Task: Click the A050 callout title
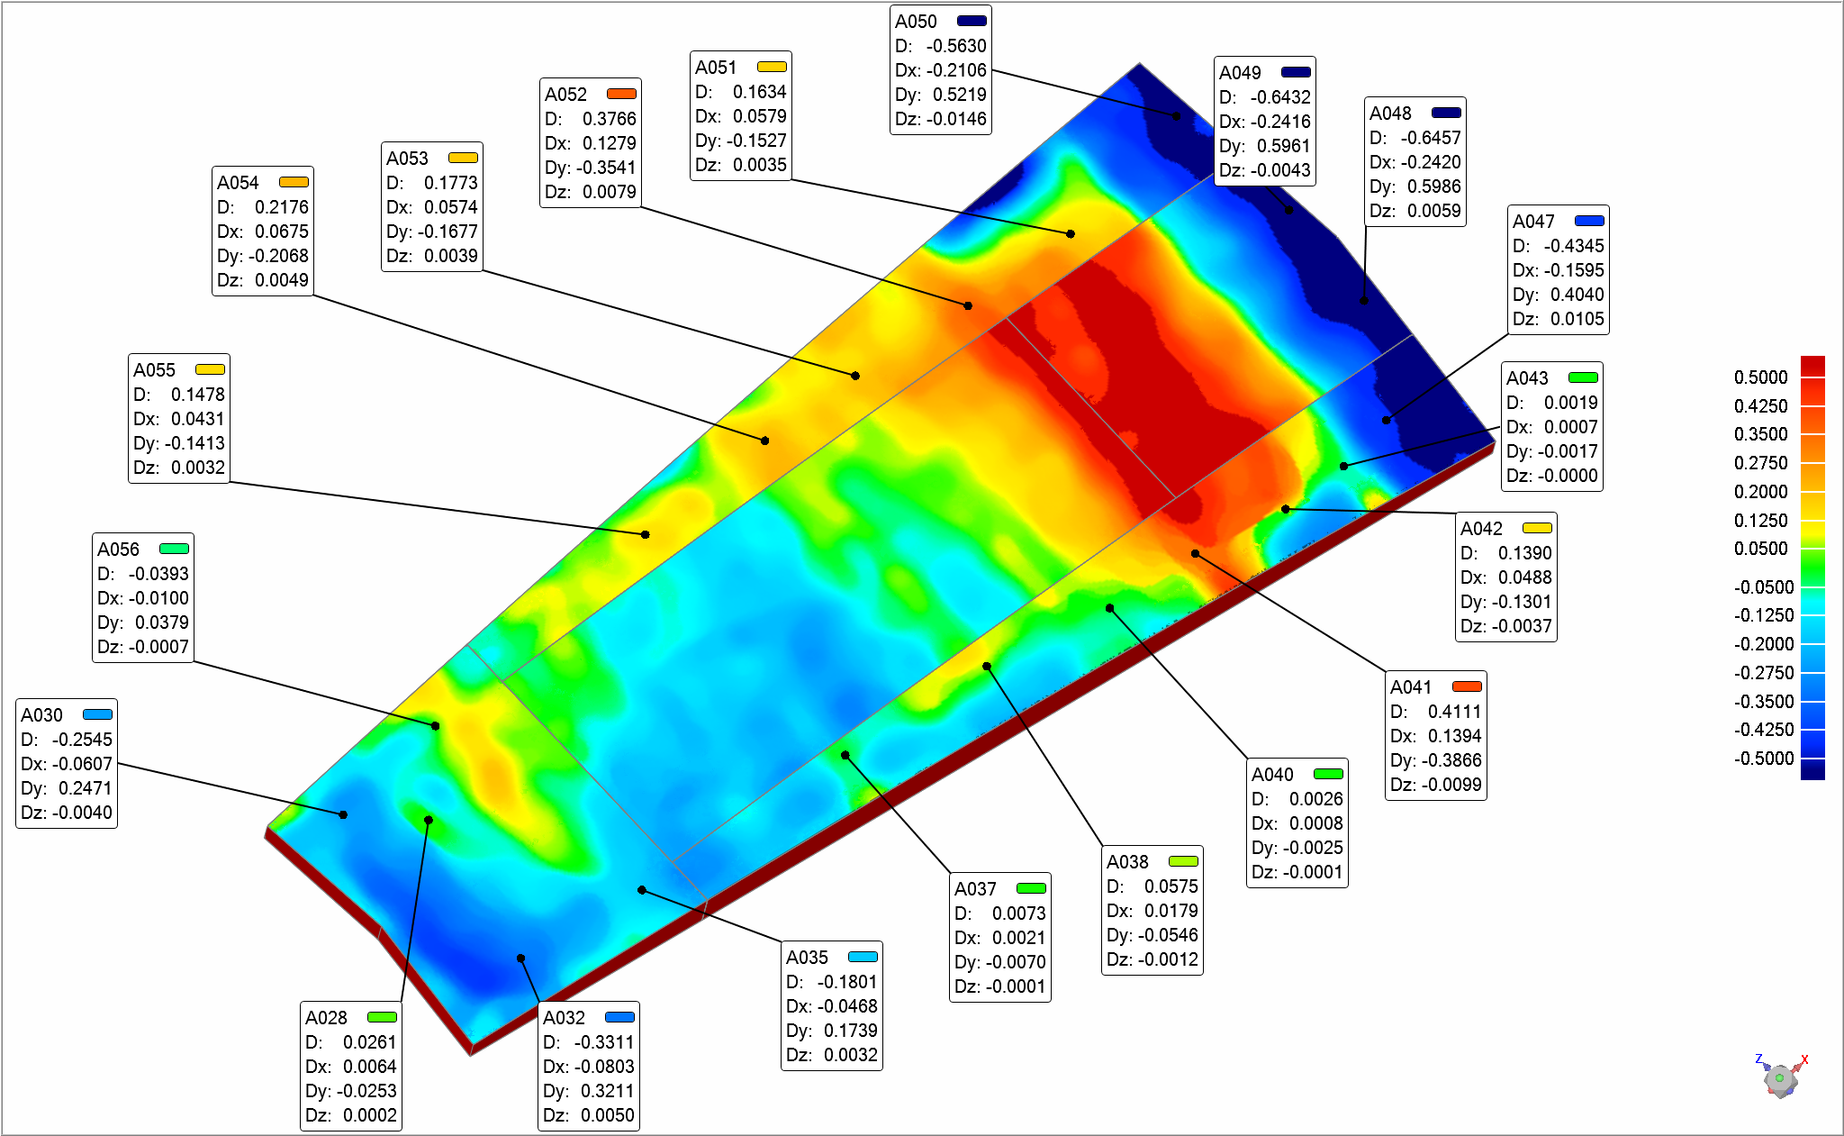916,22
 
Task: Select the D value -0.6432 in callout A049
1276,97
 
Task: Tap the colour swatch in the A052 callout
621,94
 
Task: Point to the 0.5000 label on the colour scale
1760,377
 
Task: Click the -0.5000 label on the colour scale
1764,759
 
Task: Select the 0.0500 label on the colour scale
1760,549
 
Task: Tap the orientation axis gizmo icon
1780,1078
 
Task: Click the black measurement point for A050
1176,116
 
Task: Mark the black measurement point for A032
520,959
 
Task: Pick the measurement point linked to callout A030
343,814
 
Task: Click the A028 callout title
326,1018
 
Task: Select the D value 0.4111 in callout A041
1454,712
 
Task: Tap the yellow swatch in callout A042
1537,528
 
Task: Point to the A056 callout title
118,550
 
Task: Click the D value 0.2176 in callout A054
281,207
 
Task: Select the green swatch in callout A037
1031,888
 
